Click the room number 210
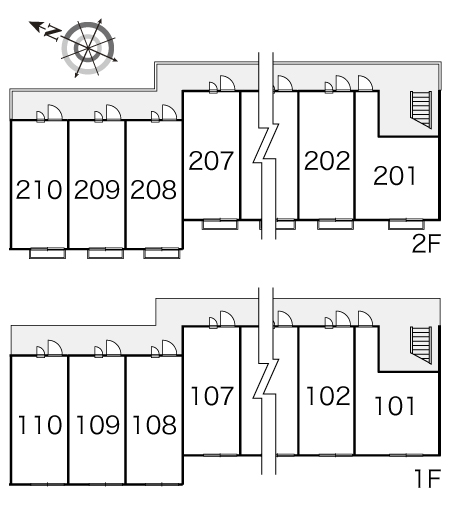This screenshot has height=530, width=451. [39, 189]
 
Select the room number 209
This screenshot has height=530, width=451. [97, 189]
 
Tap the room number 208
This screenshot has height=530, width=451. [153, 189]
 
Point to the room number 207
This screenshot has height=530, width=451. [211, 161]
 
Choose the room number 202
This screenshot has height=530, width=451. [327, 160]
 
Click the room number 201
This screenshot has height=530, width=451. [395, 176]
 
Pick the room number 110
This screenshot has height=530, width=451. [40, 425]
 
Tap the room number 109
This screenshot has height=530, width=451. [98, 425]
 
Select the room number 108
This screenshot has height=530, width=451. [154, 425]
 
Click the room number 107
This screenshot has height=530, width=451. [212, 396]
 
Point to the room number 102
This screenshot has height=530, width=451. [328, 396]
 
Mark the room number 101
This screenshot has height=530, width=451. [395, 406]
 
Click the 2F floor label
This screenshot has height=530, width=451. [426, 244]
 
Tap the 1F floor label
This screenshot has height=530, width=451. [428, 478]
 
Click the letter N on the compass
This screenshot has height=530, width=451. [53, 33]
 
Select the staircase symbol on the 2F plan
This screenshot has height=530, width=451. [421, 110]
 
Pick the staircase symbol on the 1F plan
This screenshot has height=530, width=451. [421, 345]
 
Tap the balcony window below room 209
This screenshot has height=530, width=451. [105, 253]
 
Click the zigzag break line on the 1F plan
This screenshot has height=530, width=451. [267, 380]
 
